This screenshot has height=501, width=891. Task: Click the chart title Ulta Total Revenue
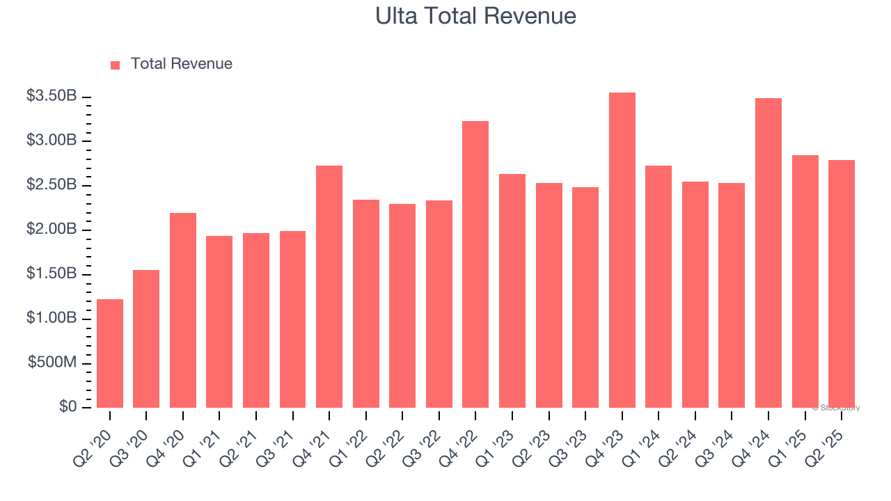click(x=475, y=16)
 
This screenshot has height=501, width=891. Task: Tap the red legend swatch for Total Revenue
click(x=116, y=65)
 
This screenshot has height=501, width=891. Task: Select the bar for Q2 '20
click(x=110, y=353)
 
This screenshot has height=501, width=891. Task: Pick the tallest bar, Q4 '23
click(x=622, y=250)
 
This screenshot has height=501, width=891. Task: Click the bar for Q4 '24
click(x=768, y=253)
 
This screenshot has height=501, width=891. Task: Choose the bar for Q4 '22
click(x=475, y=264)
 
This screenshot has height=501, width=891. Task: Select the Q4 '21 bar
click(x=329, y=287)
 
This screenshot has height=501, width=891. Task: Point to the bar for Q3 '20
click(x=146, y=339)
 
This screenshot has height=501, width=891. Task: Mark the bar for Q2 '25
click(x=841, y=284)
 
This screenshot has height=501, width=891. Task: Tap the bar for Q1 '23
click(x=512, y=291)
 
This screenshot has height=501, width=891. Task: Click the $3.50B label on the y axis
click(x=52, y=96)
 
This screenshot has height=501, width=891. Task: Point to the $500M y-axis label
click(x=52, y=363)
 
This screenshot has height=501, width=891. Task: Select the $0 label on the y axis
click(x=68, y=407)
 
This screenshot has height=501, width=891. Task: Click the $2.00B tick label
click(x=52, y=230)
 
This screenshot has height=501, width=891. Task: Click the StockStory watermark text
click(x=836, y=408)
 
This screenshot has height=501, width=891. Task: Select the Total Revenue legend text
click(x=181, y=64)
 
